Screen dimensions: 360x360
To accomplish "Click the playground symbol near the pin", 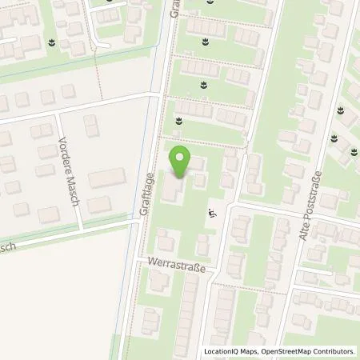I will tap(212, 214).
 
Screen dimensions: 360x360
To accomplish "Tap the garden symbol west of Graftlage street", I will tap(52, 42).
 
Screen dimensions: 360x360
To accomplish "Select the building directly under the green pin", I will tap(174, 188).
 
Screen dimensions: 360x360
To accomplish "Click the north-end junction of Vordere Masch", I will tap(56, 113).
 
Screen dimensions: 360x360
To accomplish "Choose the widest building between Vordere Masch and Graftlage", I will tap(106, 179).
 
